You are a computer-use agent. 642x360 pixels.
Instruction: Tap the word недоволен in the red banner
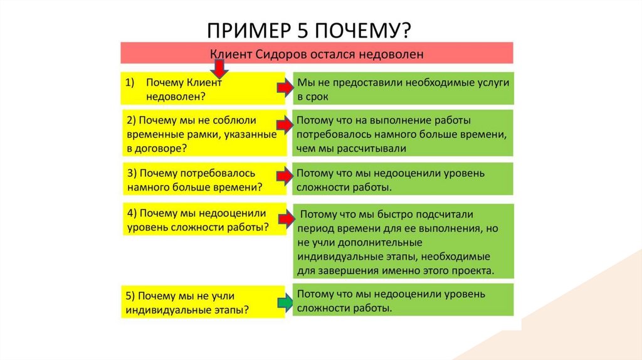click(391, 54)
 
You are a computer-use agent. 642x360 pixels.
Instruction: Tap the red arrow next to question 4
click(286, 220)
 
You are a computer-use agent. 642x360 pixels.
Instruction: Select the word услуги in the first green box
click(493, 83)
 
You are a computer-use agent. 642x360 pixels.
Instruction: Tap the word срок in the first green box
click(318, 97)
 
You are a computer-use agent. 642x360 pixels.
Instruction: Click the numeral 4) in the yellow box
click(132, 213)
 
